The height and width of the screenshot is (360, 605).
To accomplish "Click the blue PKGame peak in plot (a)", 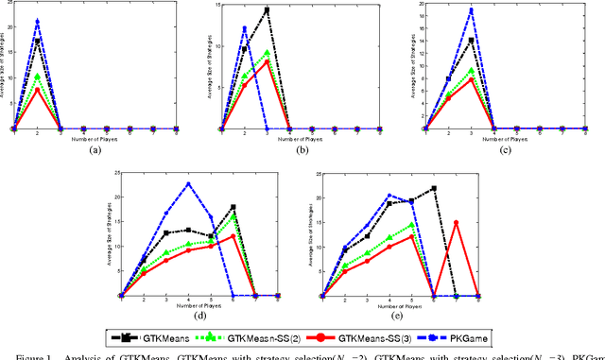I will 37,20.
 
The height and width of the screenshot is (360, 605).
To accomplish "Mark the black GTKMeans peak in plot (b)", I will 268,10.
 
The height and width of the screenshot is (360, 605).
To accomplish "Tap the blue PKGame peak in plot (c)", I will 472,10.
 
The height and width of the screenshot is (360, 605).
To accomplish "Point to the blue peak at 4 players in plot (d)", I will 188,183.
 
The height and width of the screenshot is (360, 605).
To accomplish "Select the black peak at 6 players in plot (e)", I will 433,188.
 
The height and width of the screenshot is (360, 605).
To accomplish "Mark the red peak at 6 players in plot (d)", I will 233,235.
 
